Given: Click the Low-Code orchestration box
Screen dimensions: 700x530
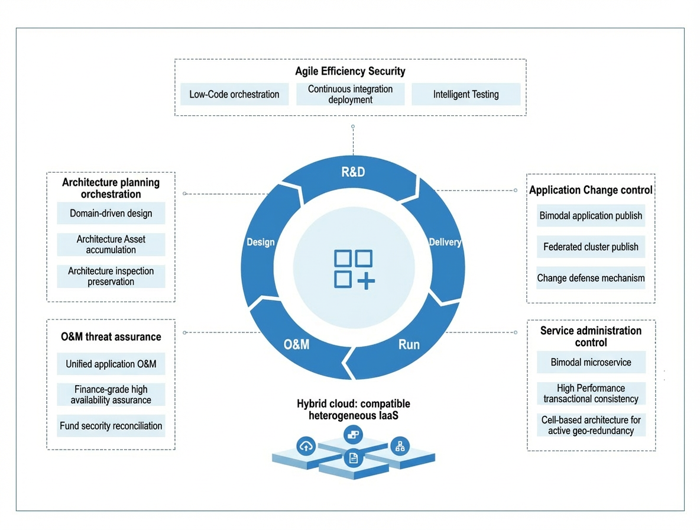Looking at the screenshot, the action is [234, 94].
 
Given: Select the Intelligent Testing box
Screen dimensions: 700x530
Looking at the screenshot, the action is [466, 94].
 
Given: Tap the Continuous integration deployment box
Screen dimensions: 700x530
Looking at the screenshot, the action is [351, 94].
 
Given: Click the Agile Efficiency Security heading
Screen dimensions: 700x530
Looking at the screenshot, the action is [351, 71].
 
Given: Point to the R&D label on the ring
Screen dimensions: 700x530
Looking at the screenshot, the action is [353, 172].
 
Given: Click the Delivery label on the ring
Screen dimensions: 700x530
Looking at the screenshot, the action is [445, 242].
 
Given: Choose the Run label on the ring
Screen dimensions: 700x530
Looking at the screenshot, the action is [409, 345].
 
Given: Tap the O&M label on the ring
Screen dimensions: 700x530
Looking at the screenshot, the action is [296, 345].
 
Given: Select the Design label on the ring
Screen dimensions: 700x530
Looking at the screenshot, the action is [261, 242].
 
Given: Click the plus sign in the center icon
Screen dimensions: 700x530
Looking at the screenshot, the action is [366, 281].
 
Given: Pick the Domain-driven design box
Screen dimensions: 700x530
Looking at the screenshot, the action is [111, 214].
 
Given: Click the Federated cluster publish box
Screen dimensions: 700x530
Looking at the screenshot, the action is [591, 247].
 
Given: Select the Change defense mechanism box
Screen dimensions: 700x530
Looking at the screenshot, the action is [591, 278].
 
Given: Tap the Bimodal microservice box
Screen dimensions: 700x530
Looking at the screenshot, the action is [591, 362].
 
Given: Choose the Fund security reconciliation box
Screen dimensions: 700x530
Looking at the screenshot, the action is [111, 426].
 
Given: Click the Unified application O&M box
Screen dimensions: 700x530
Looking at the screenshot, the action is [111, 364].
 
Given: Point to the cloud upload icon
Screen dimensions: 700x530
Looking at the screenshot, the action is [306, 446].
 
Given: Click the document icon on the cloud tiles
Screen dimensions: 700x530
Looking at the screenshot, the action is [353, 458].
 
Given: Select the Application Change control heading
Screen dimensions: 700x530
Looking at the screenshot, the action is [591, 190].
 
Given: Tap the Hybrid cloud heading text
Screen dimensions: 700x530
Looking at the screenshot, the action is [354, 409].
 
